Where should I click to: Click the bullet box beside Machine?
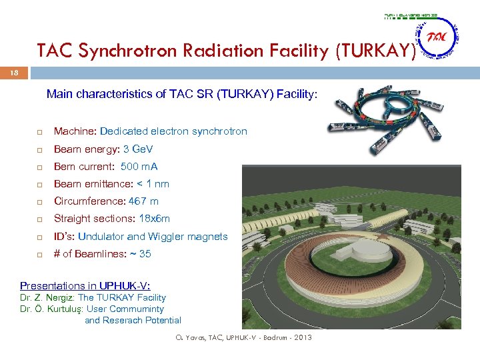click(40, 132)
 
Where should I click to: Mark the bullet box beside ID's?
click(40, 237)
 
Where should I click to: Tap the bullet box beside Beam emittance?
click(40, 184)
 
